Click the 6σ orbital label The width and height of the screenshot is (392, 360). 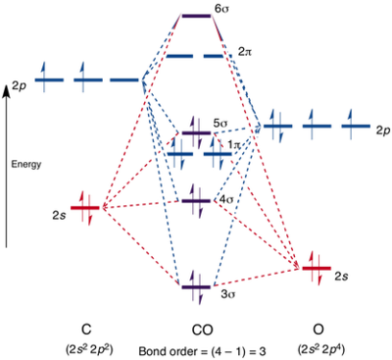[221, 9]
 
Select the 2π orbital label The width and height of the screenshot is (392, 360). [245, 52]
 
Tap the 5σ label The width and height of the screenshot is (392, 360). [220, 125]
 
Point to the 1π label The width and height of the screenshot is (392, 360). [234, 145]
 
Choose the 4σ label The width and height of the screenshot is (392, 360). [227, 199]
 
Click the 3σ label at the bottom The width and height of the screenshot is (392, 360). [228, 294]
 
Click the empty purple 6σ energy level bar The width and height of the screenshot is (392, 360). [196, 16]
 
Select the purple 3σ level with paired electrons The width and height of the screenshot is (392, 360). [196, 287]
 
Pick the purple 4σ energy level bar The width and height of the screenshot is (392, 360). [196, 201]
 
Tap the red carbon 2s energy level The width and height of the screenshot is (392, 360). [84, 208]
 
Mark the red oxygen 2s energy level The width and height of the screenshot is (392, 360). [317, 269]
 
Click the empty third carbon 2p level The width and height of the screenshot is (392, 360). [123, 79]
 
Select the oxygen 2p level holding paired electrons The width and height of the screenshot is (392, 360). [277, 126]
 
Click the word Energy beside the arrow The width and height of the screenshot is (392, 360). [26, 164]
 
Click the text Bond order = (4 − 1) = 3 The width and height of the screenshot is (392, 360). [203, 352]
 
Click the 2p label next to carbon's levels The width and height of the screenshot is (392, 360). [20, 87]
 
